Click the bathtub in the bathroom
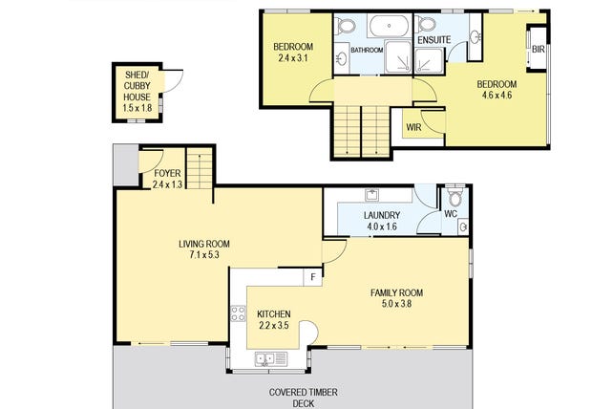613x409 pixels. [x=390, y=26]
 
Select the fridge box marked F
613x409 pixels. [x=313, y=277]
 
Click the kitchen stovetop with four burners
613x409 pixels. [x=238, y=313]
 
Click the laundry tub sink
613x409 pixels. [x=371, y=195]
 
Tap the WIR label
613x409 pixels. [x=413, y=127]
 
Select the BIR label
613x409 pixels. [x=538, y=50]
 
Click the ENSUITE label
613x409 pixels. [x=433, y=40]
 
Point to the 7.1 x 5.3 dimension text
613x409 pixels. [x=203, y=255]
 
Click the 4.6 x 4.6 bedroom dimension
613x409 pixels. [x=497, y=96]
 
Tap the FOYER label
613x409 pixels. [x=167, y=173]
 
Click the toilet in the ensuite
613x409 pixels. [x=425, y=24]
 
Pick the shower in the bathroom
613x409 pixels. [x=398, y=56]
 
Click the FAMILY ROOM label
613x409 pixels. [x=396, y=292]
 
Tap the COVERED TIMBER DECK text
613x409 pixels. [x=303, y=398]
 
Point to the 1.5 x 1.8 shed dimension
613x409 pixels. [x=137, y=108]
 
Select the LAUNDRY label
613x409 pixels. [x=382, y=215]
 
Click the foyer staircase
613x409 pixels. [x=200, y=169]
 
